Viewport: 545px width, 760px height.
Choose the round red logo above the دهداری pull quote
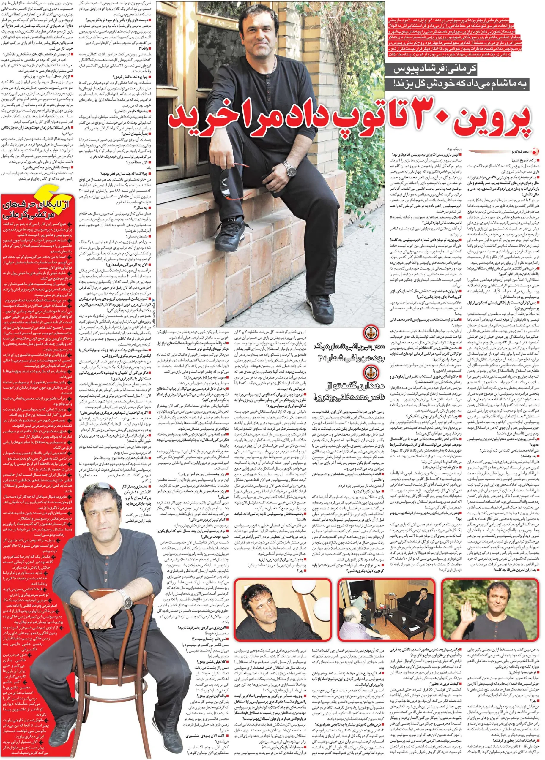pyautogui.click(x=372, y=372)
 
